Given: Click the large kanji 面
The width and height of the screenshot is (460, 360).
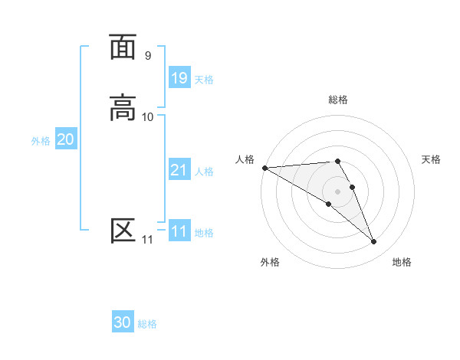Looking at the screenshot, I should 123,47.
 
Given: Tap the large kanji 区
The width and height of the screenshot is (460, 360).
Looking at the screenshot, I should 123,231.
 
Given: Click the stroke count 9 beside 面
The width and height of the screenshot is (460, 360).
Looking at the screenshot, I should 147,56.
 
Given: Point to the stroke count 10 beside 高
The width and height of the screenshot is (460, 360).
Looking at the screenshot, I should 147,117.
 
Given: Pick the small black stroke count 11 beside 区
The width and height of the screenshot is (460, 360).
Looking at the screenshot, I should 147,240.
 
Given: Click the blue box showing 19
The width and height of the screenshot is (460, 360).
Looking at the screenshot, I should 179,78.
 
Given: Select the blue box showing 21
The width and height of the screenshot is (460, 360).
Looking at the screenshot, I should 179,170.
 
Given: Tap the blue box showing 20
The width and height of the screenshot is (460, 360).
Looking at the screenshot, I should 65,139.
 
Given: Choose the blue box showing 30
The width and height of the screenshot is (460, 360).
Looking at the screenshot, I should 123,322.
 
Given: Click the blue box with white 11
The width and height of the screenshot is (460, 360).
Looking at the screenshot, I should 179,231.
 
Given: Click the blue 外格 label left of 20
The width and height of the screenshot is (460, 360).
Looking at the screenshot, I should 41,141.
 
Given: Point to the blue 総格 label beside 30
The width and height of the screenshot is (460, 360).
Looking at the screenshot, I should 147,324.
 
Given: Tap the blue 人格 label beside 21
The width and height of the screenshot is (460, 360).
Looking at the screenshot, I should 204,172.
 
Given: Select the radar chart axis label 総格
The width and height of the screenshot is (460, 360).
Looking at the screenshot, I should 338,100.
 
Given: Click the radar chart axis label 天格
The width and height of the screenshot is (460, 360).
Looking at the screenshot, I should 431,159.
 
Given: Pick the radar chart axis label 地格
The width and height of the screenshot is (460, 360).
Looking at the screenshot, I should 402,263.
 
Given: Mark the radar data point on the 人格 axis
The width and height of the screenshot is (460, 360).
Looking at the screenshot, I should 264,168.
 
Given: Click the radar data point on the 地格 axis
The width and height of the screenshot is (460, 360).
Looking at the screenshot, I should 373,242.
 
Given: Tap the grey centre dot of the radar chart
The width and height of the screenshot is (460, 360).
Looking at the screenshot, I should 338,191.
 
